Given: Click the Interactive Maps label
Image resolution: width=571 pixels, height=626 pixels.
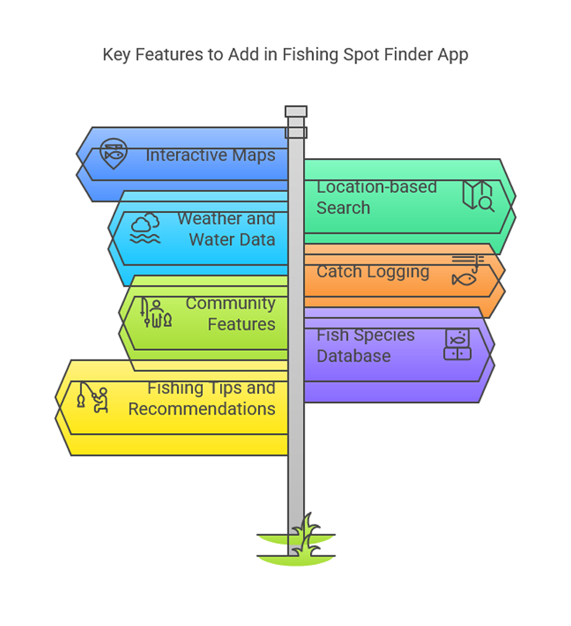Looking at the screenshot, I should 210,155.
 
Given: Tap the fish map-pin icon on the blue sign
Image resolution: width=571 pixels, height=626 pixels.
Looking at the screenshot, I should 112,154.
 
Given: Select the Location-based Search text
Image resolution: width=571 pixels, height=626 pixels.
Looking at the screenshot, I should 377,198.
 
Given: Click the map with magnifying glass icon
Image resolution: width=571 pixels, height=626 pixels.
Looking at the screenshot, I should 478,196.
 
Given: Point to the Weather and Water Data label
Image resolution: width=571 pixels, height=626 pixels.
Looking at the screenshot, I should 225,229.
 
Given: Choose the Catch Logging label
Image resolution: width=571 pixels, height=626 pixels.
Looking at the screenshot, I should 373,272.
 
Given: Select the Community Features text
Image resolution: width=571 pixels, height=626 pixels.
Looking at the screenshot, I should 230,314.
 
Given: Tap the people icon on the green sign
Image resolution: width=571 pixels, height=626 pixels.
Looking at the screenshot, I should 156,313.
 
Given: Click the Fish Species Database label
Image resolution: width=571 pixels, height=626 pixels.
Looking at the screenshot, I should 366,346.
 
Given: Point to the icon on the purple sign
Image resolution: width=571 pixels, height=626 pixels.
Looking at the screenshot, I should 457,345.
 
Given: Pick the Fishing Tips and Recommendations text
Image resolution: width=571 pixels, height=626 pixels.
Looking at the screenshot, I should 201,398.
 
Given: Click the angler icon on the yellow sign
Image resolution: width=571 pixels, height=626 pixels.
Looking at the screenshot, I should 92,397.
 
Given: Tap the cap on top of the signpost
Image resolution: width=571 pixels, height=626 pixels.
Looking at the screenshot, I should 296,112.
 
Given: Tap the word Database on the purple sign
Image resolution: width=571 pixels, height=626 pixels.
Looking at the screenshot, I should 353,356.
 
